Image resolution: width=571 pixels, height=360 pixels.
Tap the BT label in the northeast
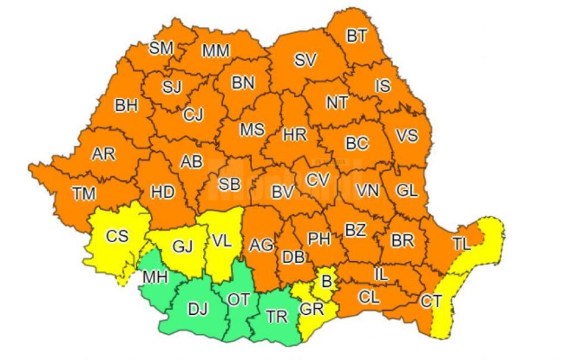[x=357, y=36]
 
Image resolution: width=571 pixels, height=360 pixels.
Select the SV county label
[x=305, y=60]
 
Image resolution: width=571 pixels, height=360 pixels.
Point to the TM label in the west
[x=84, y=193]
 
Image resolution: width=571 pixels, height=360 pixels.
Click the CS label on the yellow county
[x=117, y=236]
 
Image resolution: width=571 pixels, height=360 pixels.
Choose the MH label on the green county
[x=155, y=277]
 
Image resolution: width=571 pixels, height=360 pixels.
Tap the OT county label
[x=239, y=300]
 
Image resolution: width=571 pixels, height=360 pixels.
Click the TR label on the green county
[x=277, y=317]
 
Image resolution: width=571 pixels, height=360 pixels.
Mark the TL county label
[x=461, y=243]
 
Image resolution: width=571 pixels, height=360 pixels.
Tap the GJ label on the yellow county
[x=183, y=246]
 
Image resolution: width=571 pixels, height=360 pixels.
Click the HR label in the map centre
[x=295, y=135]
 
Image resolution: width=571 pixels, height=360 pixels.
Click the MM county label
[x=215, y=51]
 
